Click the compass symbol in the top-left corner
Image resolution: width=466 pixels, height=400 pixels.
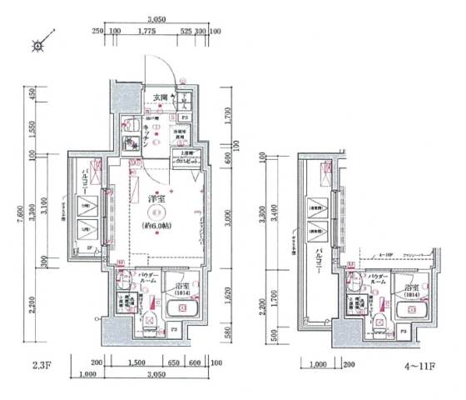pos(37,46)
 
